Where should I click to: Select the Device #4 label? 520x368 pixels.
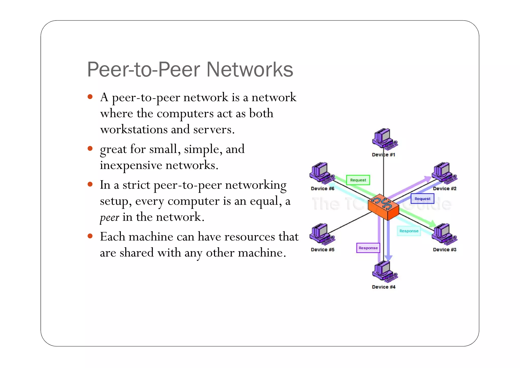tap(383, 287)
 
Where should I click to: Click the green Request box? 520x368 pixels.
tap(358, 180)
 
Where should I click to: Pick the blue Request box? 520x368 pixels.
tap(422, 198)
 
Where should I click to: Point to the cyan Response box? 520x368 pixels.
tap(409, 231)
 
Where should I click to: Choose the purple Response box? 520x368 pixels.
tap(368, 248)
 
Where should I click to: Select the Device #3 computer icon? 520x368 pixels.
tap(444, 234)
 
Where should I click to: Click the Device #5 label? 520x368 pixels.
tap(322, 250)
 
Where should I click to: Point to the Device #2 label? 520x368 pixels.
tap(444, 189)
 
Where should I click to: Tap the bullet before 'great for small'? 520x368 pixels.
tap(90, 148)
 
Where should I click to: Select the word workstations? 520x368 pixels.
tap(134, 130)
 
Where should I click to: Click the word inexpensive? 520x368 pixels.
tap(131, 165)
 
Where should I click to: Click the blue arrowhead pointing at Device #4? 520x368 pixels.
tap(388, 258)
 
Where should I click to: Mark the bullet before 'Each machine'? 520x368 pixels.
tap(90, 236)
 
